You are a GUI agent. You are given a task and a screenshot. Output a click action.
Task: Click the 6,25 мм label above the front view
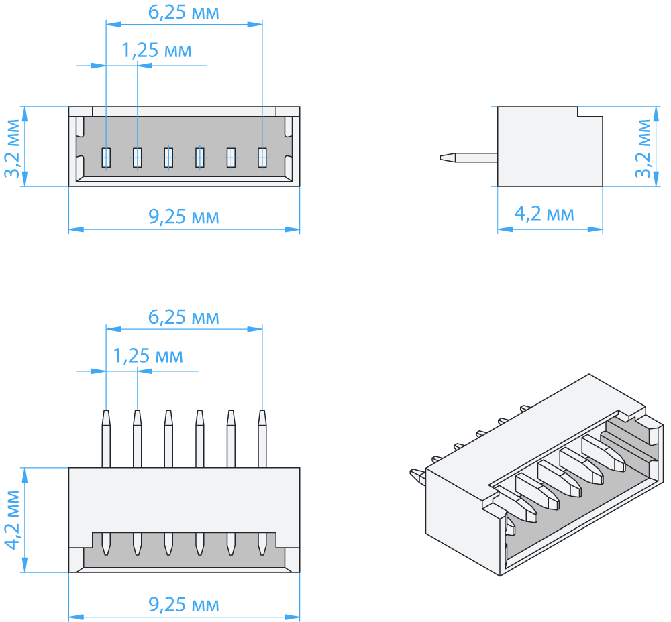click(x=184, y=13)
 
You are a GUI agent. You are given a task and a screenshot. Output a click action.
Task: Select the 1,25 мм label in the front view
click(x=157, y=50)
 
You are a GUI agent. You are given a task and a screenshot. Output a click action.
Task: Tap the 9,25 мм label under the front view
click(x=184, y=217)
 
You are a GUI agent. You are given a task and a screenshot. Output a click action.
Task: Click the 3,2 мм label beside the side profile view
click(x=644, y=147)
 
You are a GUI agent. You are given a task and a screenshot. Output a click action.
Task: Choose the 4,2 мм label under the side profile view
click(x=544, y=214)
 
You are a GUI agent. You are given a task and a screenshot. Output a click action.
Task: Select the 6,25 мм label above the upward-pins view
click(x=184, y=317)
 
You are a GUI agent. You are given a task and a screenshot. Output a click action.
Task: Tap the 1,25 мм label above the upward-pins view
click(x=148, y=355)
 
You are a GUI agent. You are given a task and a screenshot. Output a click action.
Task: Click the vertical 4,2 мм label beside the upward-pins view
click(x=13, y=519)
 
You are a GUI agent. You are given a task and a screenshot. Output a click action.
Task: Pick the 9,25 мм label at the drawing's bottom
click(x=184, y=605)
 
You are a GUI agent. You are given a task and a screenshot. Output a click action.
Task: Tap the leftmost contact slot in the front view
click(x=106, y=157)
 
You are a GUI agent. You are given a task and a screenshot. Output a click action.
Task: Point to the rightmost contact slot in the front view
click(x=262, y=157)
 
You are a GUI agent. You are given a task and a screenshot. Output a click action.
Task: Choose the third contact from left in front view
click(x=168, y=157)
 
